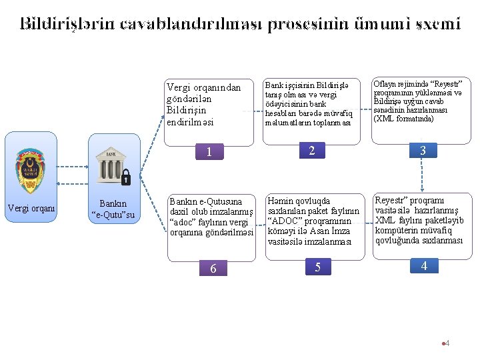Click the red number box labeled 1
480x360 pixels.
point(209,152)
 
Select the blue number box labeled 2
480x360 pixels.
point(312,150)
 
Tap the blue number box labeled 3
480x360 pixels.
point(423,151)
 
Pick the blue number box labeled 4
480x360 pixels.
point(424,266)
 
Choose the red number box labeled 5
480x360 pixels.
point(318,267)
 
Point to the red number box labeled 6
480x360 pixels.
point(213,268)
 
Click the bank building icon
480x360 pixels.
point(109,167)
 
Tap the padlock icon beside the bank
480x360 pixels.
point(125,177)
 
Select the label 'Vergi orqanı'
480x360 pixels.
point(31,208)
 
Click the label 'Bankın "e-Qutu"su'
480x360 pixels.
point(113,209)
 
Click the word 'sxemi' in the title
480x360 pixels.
point(437,24)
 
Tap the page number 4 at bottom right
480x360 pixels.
point(447,343)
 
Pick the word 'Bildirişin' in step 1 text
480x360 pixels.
point(187,110)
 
